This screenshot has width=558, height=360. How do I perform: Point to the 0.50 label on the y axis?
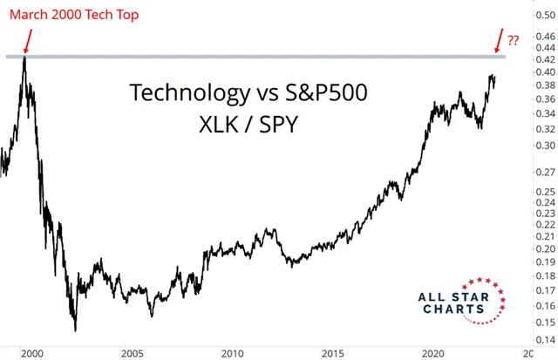click(543, 15)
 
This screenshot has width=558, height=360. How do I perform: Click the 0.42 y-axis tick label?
click(543, 59)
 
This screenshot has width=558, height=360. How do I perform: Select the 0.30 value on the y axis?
click(543, 145)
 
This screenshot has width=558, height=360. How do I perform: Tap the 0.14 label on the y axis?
click(543, 339)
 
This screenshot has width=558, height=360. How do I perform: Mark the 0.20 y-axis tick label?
click(543, 248)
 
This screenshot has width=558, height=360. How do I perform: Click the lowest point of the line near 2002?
click(75, 330)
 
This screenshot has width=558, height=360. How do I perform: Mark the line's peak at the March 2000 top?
click(25, 57)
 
